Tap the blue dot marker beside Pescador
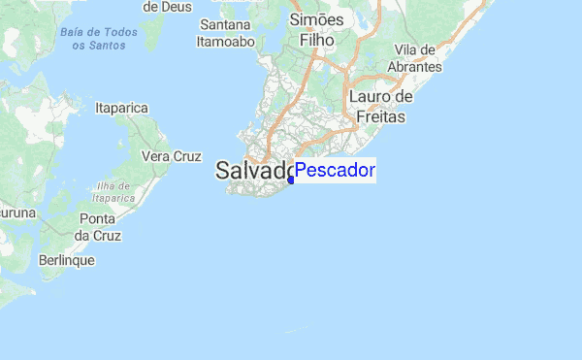(x=291, y=180)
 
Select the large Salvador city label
(x=254, y=172)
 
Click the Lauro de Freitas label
(x=381, y=107)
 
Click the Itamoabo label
(x=225, y=42)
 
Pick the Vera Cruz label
(x=171, y=155)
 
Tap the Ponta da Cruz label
(x=98, y=226)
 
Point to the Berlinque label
(x=66, y=260)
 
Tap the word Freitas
(x=380, y=117)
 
